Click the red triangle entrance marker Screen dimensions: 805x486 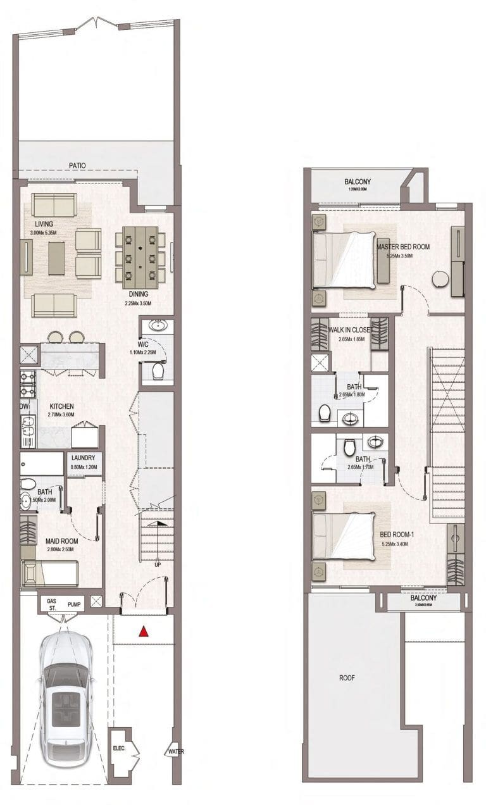click(x=144, y=630)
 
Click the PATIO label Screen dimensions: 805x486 click(x=77, y=166)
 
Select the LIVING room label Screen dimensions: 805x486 click(x=44, y=223)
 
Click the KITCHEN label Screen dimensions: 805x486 click(x=61, y=406)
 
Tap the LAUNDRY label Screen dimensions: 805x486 click(x=84, y=458)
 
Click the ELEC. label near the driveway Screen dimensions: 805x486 click(x=117, y=747)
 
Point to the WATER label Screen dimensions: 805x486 click(x=175, y=752)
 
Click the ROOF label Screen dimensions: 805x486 click(x=346, y=678)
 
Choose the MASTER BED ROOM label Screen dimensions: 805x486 click(x=403, y=247)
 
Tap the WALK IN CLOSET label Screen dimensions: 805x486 click(x=349, y=329)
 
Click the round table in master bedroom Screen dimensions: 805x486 click(x=440, y=279)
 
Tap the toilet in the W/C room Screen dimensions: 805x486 click(x=158, y=370)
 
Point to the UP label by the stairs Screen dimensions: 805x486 click(x=157, y=565)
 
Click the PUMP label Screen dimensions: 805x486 click(x=75, y=605)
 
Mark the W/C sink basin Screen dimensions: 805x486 click(x=156, y=327)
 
